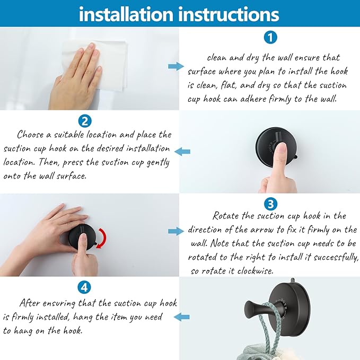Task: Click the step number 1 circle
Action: (x=270, y=37)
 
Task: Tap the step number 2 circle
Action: (x=85, y=121)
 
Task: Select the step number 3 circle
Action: (x=270, y=204)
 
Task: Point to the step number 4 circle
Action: (x=84, y=287)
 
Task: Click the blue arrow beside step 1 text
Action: (x=176, y=67)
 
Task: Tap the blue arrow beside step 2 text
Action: (x=182, y=152)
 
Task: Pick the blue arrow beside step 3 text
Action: (x=176, y=231)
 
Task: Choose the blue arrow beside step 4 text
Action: (x=182, y=317)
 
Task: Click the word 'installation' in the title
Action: (x=126, y=14)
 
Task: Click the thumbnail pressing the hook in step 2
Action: (x=280, y=147)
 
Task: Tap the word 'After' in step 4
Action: (x=29, y=303)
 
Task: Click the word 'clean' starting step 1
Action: (x=216, y=57)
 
